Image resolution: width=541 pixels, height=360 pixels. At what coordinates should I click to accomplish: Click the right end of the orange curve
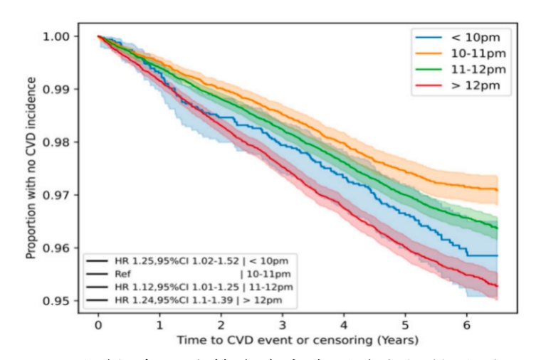(497, 189)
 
